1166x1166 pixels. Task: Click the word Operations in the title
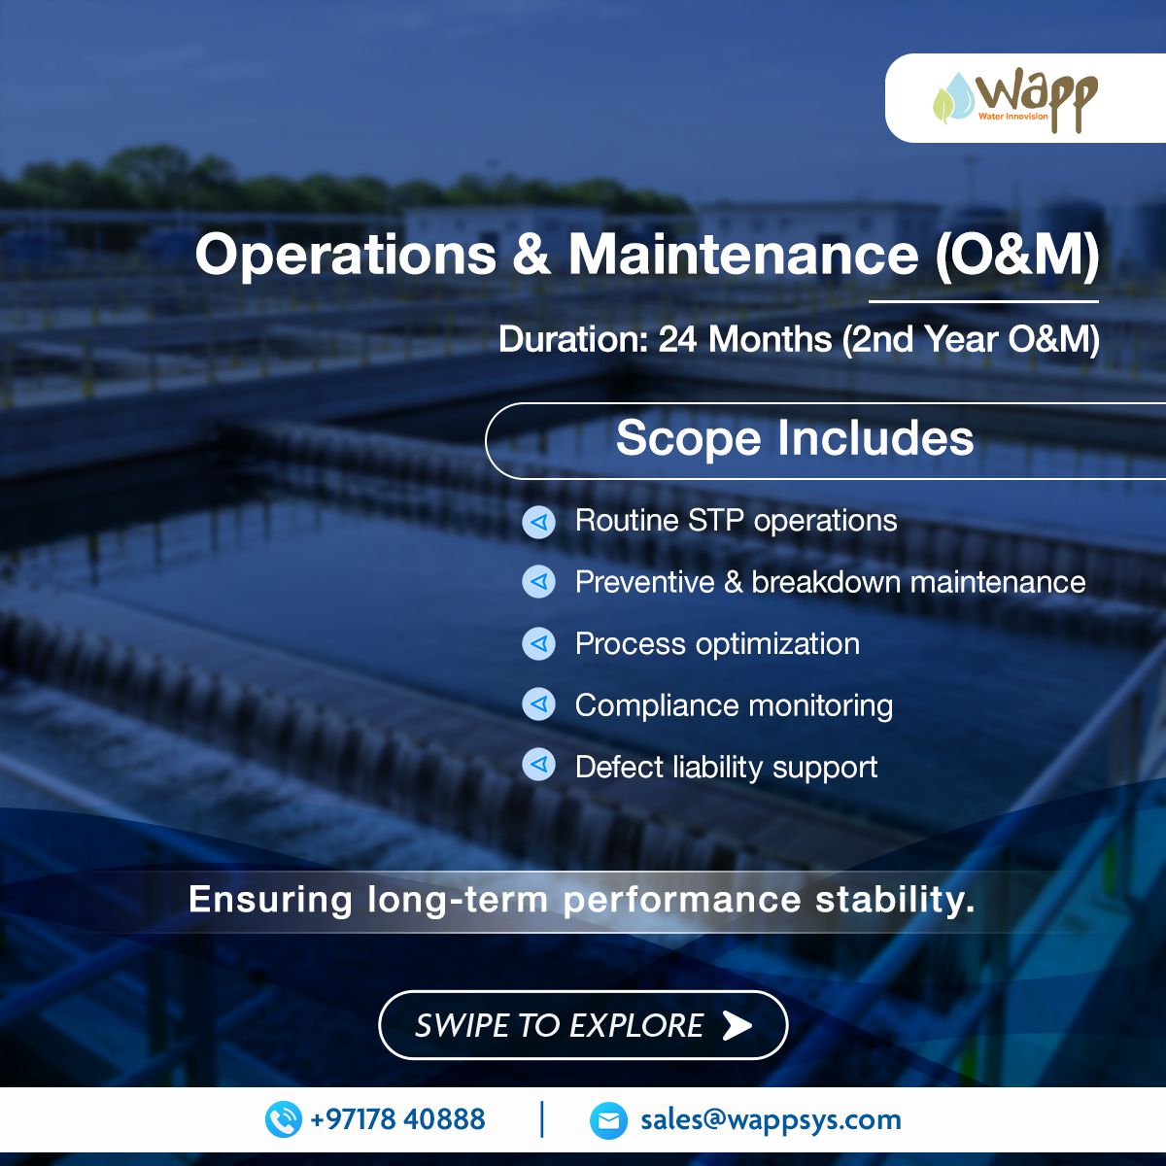tap(346, 256)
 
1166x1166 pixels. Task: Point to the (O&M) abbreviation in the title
tap(1017, 256)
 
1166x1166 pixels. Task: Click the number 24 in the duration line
tap(677, 339)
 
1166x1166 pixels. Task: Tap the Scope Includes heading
tap(795, 438)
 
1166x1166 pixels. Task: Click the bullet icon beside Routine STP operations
tap(538, 522)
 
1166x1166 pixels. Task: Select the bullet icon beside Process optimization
tap(538, 643)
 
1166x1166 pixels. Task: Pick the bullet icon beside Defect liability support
tap(538, 765)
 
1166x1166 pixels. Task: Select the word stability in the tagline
tap(895, 900)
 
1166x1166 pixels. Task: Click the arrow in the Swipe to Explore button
tap(737, 1025)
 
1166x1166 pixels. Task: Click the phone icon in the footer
tap(283, 1119)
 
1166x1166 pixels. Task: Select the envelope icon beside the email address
tap(608, 1120)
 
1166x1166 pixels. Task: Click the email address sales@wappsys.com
tap(771, 1120)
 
